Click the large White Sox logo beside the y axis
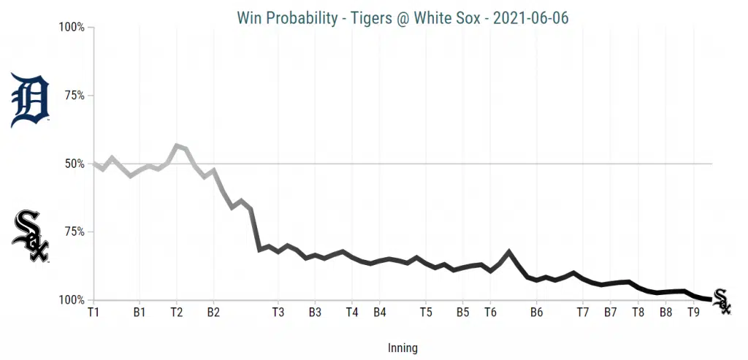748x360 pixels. pos(30,237)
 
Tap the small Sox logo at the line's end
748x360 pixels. pos(721,301)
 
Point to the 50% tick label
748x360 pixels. pos(72,164)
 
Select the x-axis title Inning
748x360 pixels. pos(402,348)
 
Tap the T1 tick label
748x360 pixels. pos(93,312)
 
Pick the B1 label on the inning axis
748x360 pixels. pos(140,312)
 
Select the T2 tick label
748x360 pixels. pos(176,312)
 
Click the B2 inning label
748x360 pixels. pos(213,312)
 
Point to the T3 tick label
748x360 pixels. pos(278,312)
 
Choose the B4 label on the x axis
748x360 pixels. pos(379,312)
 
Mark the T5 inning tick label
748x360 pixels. pos(426,312)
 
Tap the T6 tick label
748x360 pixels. pos(490,312)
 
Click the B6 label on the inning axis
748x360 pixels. pos(536,312)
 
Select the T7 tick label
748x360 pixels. pos(583,312)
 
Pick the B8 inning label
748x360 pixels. pos(665,312)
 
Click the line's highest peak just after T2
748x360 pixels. pos(177,146)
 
